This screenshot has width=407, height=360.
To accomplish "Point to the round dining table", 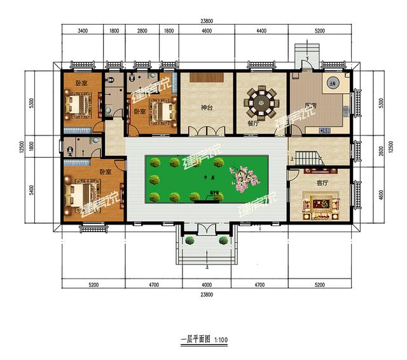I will point(261,100).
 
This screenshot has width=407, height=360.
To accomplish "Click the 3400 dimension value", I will point(82,30).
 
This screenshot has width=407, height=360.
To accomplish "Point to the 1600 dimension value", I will point(169,30).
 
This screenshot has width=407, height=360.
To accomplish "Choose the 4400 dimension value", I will point(262,30).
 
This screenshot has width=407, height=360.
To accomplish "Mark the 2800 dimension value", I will point(142,30).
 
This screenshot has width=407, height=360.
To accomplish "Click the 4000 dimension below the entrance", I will point(203,278).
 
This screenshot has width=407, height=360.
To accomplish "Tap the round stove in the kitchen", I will point(331,83).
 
